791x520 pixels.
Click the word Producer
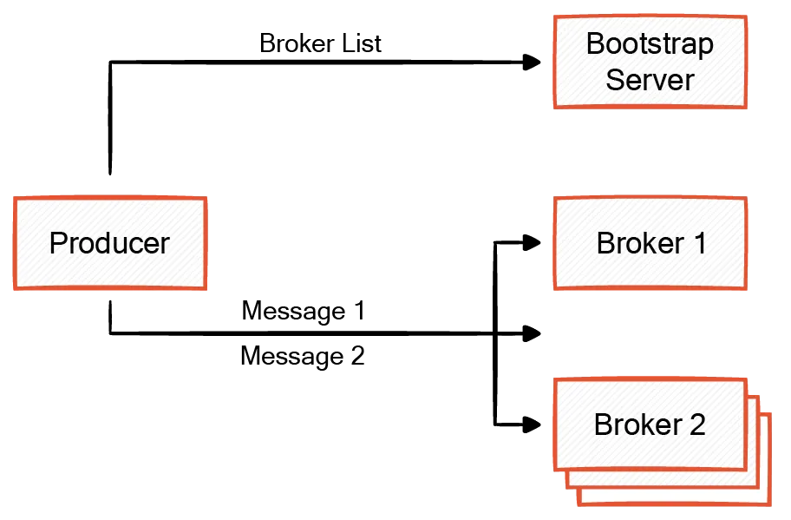tap(108, 243)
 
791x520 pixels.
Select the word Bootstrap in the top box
tap(650, 43)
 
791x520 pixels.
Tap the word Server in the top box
tap(650, 80)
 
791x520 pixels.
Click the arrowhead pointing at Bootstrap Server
tap(529, 63)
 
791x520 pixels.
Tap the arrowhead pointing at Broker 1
tap(529, 243)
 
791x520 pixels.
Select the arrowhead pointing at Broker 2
tap(529, 425)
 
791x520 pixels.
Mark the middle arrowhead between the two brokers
tap(529, 332)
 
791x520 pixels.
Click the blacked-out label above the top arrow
tap(320, 43)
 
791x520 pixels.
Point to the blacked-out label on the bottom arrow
tap(303, 334)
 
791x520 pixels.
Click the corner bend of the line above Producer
tap(111, 63)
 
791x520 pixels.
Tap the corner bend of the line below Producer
tap(111, 332)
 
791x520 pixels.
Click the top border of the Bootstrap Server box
tap(650, 16)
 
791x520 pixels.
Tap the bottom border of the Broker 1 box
tap(650, 287)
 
